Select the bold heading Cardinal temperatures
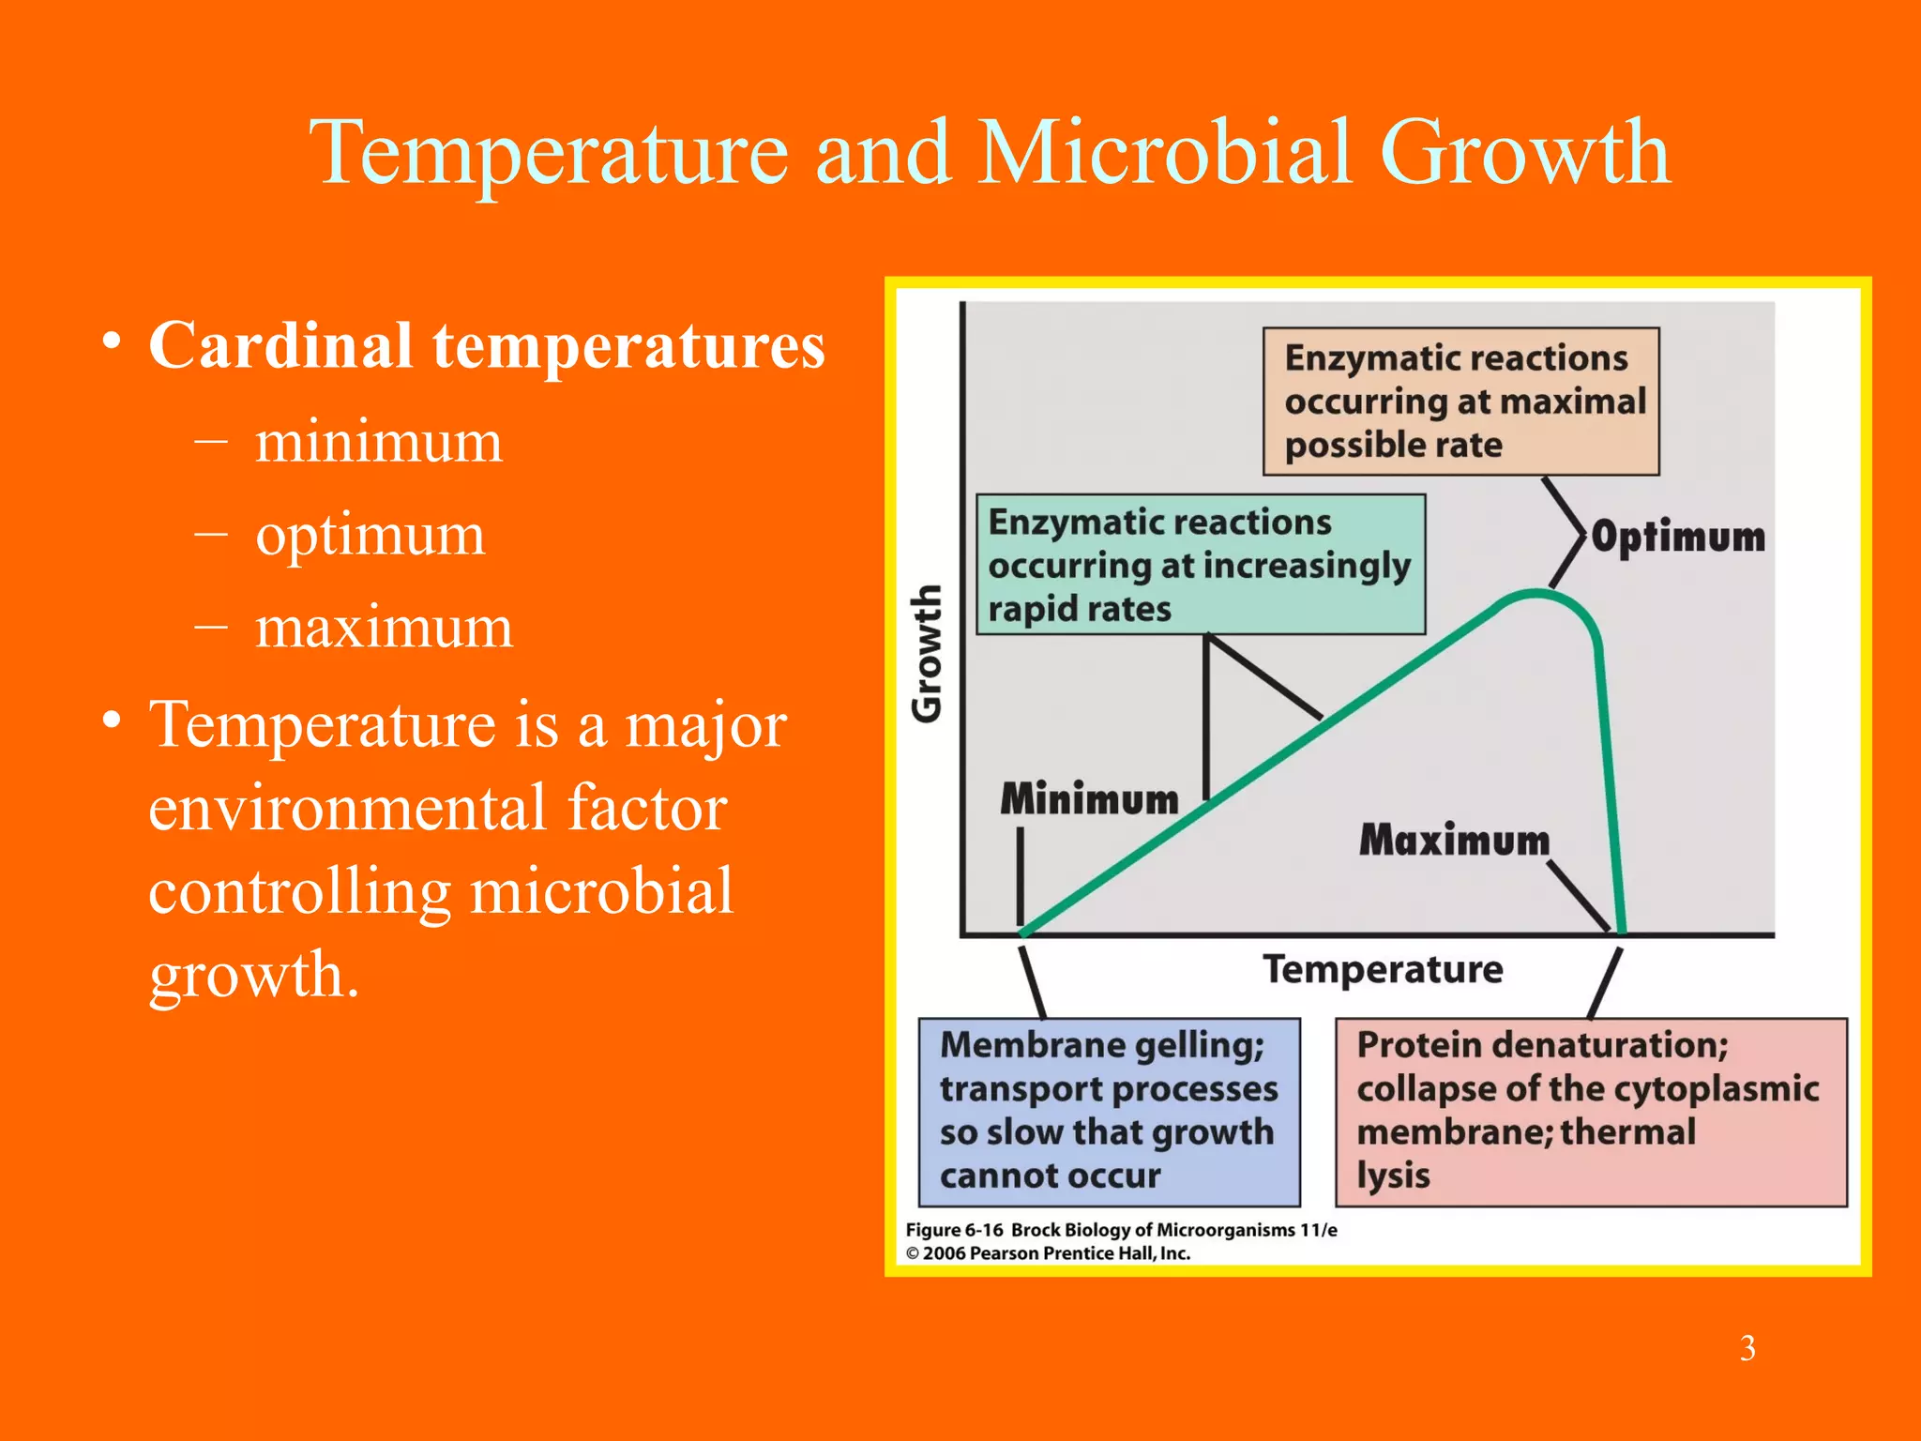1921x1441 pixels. tap(487, 346)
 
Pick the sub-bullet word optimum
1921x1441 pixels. tap(371, 535)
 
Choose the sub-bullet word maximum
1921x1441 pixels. tap(385, 627)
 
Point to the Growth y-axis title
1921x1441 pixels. tap(927, 654)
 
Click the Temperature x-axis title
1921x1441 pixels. tap(1383, 969)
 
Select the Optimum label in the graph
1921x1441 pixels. tap(1678, 538)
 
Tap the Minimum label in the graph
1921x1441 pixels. tap(1089, 799)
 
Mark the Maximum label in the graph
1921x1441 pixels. tap(1454, 840)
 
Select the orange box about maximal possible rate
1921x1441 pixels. tap(1460, 402)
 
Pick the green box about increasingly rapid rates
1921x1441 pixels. tap(1200, 566)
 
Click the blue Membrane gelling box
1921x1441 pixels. tap(1109, 1112)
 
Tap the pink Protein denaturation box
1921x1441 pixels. tap(1591, 1112)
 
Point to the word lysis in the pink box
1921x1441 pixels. tap(1393, 1176)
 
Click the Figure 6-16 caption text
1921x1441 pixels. tap(1121, 1230)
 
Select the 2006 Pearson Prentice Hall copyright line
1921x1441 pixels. tap(1048, 1253)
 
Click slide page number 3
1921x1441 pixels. tap(1747, 1348)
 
